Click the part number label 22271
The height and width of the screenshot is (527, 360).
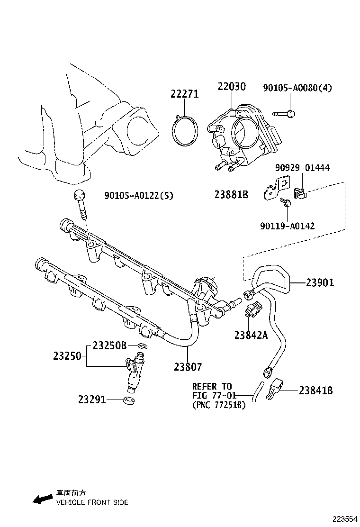[x=185, y=94]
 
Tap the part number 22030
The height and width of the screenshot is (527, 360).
[x=232, y=87]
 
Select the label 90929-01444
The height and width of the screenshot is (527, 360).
[x=302, y=168]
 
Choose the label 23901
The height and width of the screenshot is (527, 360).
[x=320, y=283]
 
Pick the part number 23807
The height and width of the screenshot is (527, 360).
[x=188, y=366]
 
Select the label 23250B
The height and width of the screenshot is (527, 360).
[x=109, y=345]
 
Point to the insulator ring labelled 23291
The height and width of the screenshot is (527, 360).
[x=129, y=401]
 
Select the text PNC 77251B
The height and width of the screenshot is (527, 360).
[x=219, y=405]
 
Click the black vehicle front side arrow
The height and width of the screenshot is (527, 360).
[x=41, y=499]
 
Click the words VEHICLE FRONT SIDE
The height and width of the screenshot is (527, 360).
[x=92, y=502]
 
